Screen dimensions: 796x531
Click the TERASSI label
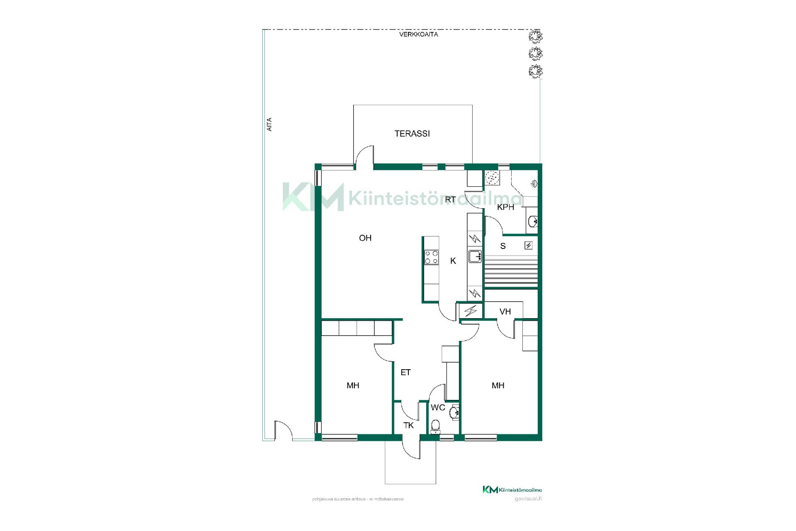coord(412,134)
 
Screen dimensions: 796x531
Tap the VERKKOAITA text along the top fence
coord(419,34)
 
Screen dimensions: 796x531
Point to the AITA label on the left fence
coord(269,125)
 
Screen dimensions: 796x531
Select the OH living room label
coord(365,238)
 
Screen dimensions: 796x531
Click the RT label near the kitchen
coord(451,200)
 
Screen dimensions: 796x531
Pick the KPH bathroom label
coord(506,207)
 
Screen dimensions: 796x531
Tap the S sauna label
coord(503,246)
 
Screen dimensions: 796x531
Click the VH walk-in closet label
coord(505,312)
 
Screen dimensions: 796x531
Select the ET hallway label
coord(405,373)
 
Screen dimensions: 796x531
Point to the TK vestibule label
coord(409,425)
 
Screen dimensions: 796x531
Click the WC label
coord(438,407)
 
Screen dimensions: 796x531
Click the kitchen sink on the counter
coord(474,256)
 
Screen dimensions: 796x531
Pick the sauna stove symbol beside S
coord(529,246)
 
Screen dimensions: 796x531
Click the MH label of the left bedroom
coord(353,385)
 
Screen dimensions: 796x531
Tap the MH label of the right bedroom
coord(498,385)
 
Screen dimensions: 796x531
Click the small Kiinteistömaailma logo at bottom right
coord(512,490)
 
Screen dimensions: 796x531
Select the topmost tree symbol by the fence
coord(535,37)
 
